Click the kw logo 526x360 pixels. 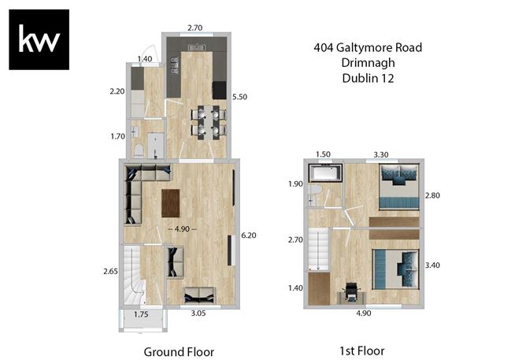(x=39, y=39)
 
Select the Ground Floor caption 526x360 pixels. (x=179, y=351)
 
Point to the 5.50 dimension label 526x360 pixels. (x=240, y=96)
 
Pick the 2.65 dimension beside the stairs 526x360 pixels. (x=110, y=272)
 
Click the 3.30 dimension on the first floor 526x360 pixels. (x=383, y=154)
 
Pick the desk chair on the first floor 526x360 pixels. (x=350, y=291)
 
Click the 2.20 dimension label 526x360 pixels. (x=117, y=92)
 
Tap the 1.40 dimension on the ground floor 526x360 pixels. (x=144, y=59)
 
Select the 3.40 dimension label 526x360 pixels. (x=432, y=265)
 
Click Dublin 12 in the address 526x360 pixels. (x=367, y=78)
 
